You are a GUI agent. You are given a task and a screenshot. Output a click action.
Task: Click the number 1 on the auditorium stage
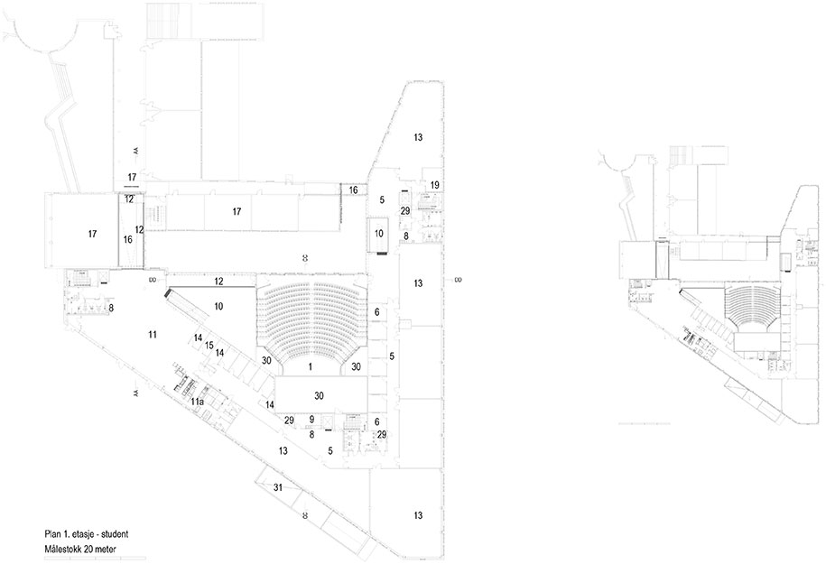click(x=310, y=366)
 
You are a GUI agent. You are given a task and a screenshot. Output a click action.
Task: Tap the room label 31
click(x=277, y=487)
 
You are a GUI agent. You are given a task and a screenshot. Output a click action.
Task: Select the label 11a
click(x=197, y=399)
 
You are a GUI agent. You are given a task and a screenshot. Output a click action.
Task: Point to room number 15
click(x=209, y=346)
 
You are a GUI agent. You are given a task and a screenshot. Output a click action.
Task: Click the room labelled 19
click(x=434, y=185)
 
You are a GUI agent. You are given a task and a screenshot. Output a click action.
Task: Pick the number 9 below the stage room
click(x=311, y=420)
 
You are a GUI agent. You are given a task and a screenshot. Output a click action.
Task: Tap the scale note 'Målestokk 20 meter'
click(x=79, y=548)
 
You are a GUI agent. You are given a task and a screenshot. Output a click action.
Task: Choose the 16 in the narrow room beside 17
click(x=127, y=239)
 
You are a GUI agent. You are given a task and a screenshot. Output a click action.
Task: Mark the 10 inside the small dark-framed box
click(x=379, y=234)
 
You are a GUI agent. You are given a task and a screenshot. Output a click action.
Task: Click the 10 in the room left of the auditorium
click(x=218, y=307)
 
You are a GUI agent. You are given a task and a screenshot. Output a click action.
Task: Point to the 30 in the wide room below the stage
click(x=319, y=395)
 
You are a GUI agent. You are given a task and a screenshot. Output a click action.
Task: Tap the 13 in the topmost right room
click(x=418, y=137)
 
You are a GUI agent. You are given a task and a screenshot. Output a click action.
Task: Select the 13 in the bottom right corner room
click(x=417, y=515)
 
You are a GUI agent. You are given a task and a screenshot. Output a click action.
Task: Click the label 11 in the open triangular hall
click(x=153, y=335)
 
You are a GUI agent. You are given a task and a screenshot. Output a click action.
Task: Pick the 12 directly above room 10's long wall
click(x=219, y=282)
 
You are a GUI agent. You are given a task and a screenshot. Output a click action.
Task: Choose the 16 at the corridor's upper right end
click(x=353, y=190)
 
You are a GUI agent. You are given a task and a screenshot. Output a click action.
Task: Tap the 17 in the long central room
click(x=237, y=212)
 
